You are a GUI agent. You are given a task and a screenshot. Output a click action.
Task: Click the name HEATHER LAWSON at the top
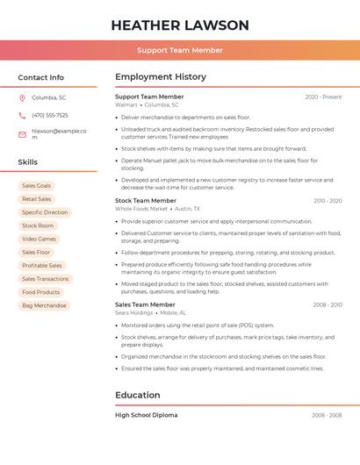coord(180,25)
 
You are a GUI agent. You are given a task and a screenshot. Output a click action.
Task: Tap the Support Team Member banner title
coord(180,51)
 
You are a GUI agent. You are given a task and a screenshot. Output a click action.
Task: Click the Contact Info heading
coord(41,77)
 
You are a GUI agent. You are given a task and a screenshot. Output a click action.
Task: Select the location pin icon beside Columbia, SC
coord(22,97)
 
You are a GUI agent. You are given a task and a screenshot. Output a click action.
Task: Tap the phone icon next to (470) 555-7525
coord(22,115)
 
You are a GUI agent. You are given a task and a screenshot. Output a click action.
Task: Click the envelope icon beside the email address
coord(22,134)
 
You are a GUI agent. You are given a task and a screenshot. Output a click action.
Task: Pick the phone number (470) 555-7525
coord(50,115)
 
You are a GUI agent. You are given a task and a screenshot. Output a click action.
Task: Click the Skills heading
coord(28,162)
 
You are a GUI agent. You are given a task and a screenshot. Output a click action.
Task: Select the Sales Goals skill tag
coord(37,186)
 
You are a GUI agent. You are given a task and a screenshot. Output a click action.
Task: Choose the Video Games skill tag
coord(39,239)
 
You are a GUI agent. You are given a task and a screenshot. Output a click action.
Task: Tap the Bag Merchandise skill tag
coord(44,305)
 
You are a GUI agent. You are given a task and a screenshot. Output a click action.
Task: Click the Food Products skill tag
coord(41,292)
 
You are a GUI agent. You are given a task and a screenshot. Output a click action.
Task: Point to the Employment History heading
coord(161,77)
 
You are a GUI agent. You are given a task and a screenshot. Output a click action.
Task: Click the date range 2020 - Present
coord(323,97)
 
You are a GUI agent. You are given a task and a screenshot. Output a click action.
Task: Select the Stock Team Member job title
coord(146,201)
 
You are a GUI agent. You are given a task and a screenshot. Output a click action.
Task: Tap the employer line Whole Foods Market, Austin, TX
coord(158,209)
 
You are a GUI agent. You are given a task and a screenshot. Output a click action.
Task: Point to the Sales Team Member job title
coord(145,304)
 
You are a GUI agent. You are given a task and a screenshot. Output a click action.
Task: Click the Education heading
coord(138,395)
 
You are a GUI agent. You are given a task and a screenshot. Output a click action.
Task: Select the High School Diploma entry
coord(147,415)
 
